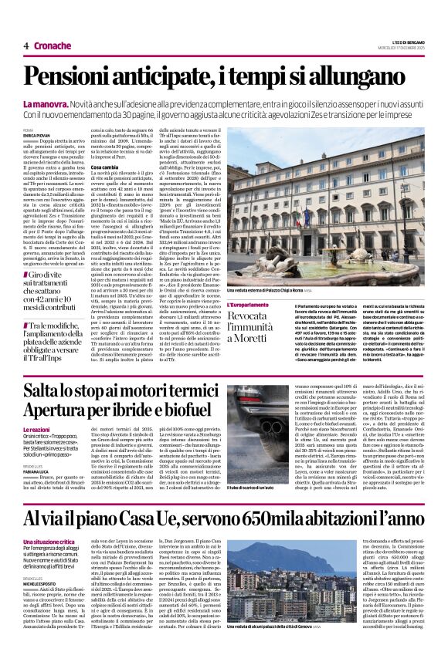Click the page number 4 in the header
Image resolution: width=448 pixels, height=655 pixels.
pos(26,46)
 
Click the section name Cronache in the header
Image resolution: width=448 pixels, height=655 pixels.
pos(53,46)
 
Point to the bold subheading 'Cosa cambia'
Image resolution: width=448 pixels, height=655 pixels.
pos(106,167)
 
